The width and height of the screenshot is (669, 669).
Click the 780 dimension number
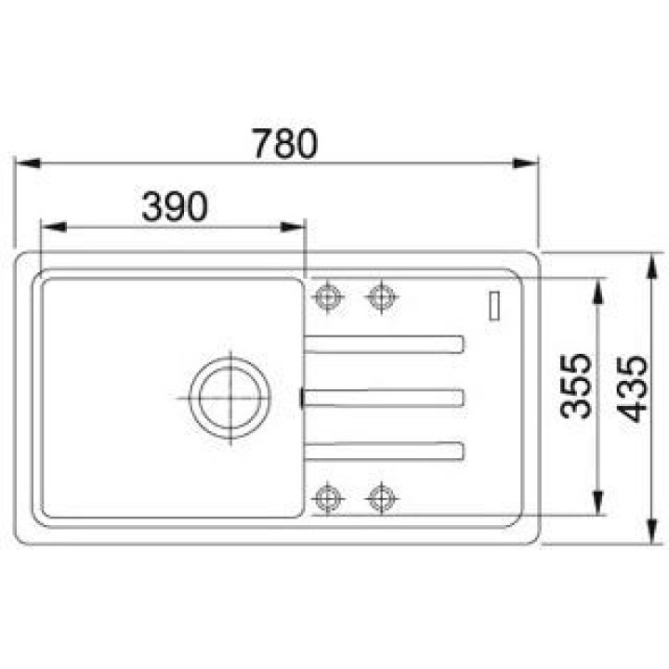(x=285, y=143)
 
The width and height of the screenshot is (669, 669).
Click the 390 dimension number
(x=175, y=207)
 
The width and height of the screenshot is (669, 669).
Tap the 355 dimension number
(x=576, y=387)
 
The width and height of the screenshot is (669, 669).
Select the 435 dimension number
(x=633, y=388)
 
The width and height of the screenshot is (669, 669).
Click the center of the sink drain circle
(x=230, y=398)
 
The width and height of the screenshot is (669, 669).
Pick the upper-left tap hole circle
(x=328, y=296)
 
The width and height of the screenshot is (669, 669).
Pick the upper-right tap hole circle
(x=382, y=296)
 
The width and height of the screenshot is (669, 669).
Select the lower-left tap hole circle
(x=328, y=498)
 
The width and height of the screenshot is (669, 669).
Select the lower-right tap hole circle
(x=382, y=498)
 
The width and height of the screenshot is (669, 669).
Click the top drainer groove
(x=384, y=345)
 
